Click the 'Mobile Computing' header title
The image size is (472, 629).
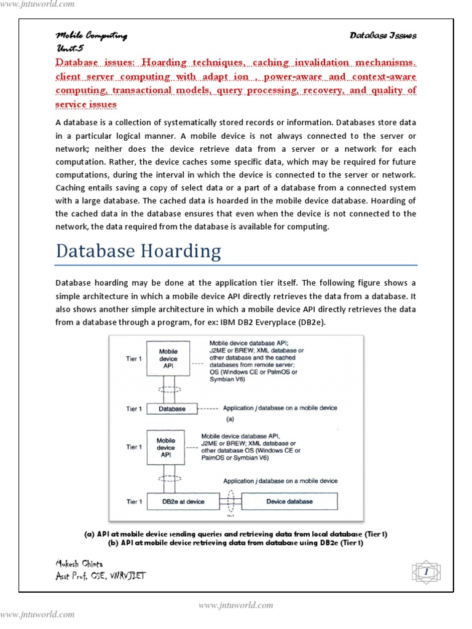click(92, 36)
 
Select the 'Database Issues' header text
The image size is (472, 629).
click(383, 36)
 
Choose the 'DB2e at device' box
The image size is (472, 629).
click(183, 501)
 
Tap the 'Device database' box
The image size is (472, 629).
click(289, 501)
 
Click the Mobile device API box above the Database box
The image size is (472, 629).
click(168, 359)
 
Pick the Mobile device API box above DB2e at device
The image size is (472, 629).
click(166, 447)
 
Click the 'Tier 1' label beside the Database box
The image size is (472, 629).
click(134, 409)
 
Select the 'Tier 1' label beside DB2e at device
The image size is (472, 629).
click(134, 502)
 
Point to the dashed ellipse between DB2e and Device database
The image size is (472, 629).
click(231, 501)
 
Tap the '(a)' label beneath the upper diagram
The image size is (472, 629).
click(230, 420)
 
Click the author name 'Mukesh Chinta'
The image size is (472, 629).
click(80, 563)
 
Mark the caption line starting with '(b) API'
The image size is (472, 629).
click(235, 543)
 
